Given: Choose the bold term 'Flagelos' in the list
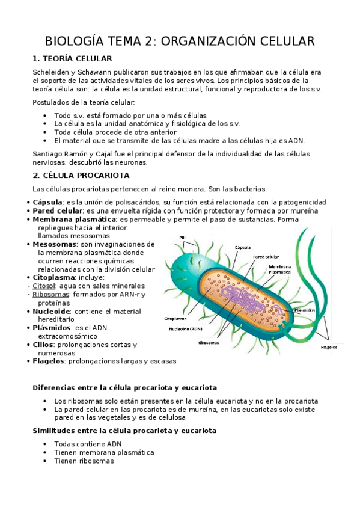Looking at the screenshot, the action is tap(49, 361).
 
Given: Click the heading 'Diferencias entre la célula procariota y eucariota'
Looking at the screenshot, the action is tap(124, 388).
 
